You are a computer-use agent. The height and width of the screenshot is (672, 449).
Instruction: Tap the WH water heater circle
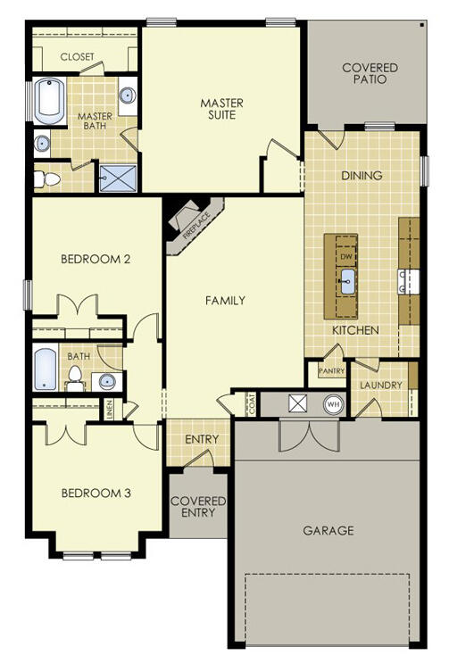(333, 404)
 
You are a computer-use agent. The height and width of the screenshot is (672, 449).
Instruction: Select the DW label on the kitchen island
(346, 256)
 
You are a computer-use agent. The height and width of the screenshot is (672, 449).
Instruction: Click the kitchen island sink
(346, 284)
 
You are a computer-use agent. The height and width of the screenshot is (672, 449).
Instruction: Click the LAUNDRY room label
(380, 386)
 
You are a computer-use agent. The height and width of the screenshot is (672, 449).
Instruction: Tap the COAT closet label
(251, 403)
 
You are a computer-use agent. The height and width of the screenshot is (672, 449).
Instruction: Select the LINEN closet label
(109, 409)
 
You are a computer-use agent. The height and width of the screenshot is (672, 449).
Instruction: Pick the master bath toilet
(48, 179)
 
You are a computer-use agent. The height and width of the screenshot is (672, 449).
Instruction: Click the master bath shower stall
(113, 178)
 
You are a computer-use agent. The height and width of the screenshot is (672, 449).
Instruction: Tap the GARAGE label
(328, 530)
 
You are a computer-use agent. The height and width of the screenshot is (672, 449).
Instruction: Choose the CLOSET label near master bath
(78, 57)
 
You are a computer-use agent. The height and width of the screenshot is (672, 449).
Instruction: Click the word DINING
(362, 176)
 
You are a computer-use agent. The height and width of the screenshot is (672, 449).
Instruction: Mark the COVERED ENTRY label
(198, 508)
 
